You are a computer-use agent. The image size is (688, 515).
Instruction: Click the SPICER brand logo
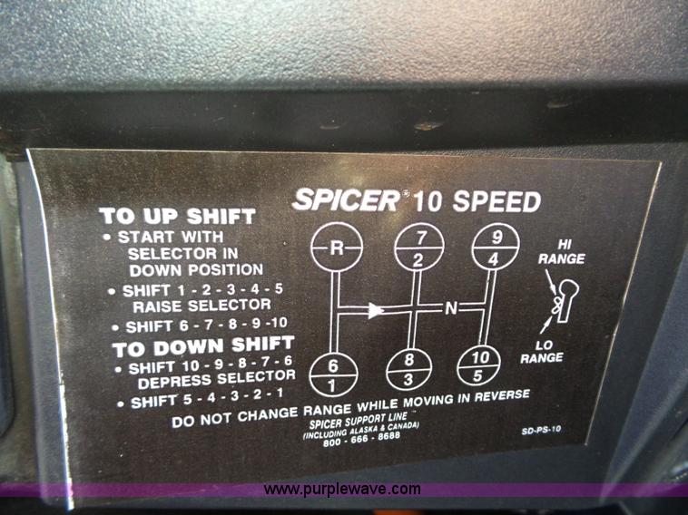(346, 200)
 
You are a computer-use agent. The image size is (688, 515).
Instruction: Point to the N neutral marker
(451, 308)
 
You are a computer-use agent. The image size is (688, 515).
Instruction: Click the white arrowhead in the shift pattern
(376, 310)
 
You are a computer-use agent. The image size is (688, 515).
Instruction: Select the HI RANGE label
(562, 252)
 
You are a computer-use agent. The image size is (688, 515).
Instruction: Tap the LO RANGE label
(543, 352)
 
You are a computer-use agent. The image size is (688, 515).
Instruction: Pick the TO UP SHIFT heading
(178, 216)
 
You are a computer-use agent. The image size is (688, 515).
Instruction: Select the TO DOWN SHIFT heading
(203, 346)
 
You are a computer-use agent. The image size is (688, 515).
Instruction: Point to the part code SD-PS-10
(541, 430)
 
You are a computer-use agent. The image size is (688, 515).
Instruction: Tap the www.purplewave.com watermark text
(342, 489)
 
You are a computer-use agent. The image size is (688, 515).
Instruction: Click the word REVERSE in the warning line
(502, 396)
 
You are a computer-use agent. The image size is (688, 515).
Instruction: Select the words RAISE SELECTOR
(201, 306)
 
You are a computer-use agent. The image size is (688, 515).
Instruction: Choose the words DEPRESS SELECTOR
(217, 379)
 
